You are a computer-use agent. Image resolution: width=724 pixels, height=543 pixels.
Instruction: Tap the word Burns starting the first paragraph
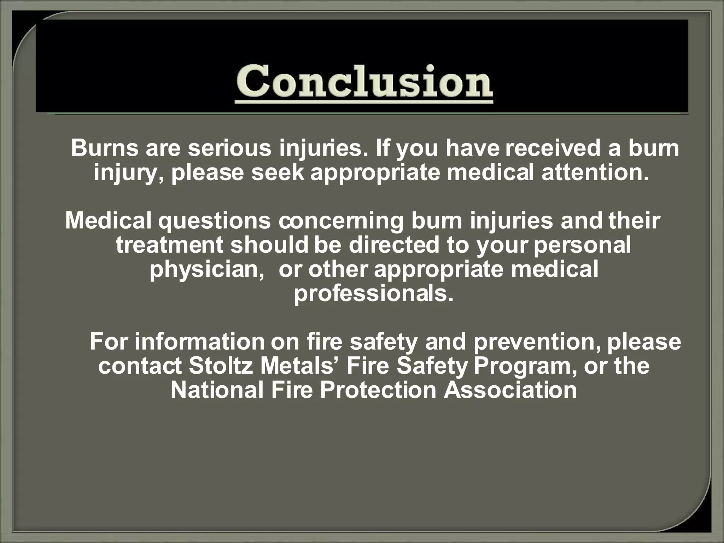[104, 148]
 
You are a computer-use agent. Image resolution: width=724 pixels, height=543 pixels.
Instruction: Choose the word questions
[214, 221]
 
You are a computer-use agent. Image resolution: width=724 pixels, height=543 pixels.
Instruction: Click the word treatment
[170, 245]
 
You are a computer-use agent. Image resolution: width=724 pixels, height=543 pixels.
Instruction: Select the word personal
[582, 245]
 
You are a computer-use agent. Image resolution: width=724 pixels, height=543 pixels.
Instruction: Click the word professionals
[374, 293]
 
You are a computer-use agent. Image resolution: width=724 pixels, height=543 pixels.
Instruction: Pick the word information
[199, 342]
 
